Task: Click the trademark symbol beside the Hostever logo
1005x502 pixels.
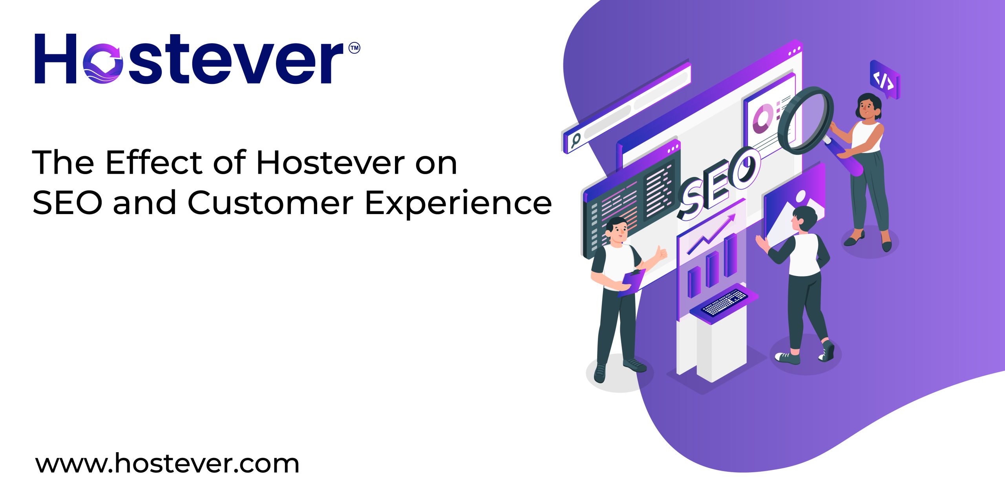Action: point(354,48)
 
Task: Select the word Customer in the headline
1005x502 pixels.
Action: point(270,203)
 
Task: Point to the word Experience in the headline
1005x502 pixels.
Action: point(458,204)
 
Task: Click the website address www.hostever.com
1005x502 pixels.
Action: point(167,464)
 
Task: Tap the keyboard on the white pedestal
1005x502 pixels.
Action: point(724,302)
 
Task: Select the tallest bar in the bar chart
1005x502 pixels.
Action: point(730,255)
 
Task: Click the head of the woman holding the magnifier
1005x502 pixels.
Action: point(869,107)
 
